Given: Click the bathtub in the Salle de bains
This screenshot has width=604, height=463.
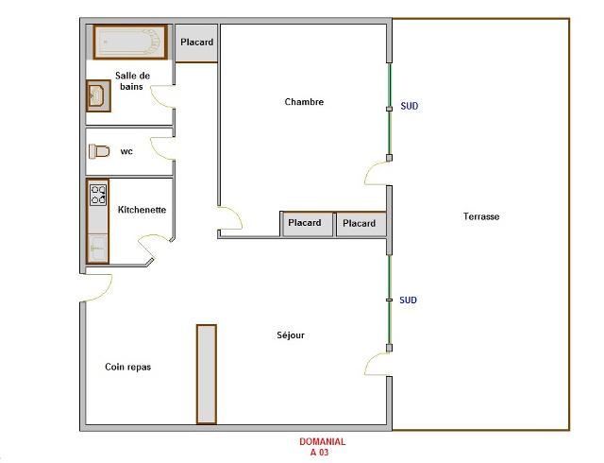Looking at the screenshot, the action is pos(130,42).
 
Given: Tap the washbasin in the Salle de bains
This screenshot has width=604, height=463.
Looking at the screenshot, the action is pos(98,95).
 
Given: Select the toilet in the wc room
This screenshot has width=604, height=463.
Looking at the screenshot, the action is pos(99,151).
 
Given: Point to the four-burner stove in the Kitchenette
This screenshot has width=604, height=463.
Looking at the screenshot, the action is pos(98,195).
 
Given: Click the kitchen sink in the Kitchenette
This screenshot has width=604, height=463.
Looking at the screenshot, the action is pos(97,248).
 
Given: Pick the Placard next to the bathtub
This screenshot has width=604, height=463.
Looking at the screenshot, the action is pos(197,43).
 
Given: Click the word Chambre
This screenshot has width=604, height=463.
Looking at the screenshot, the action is pos(304,102).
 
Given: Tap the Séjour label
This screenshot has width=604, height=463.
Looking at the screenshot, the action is pos(291,335).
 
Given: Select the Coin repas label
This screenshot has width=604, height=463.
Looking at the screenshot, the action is pos(128,367).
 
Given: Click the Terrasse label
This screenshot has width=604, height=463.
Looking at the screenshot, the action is pos(481,216).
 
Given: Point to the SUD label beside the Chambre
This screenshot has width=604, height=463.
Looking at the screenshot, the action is pos(409,106).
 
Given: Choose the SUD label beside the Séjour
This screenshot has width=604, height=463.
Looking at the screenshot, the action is pos(408,300).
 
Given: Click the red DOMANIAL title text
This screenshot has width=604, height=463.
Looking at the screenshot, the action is pos(323,441).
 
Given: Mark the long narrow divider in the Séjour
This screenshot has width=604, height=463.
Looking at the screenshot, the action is pos(207,374).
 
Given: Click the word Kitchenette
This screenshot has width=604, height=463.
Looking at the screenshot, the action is pos(142,210).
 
